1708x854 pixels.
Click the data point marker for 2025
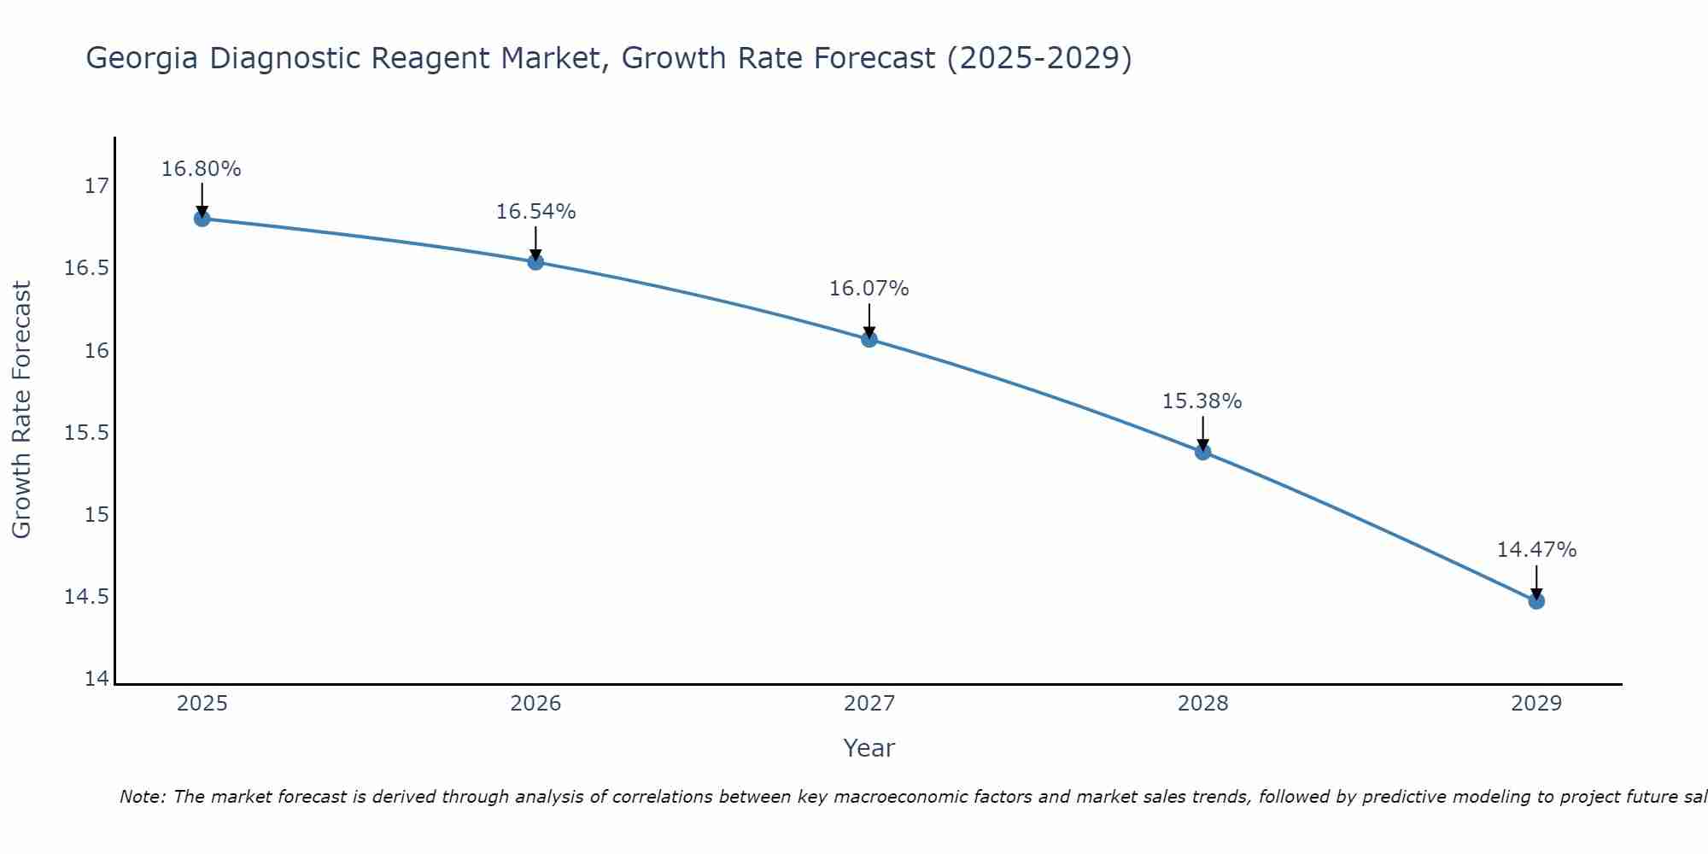coord(202,219)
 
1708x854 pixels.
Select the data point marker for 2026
coord(535,261)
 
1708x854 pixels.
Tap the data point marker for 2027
coord(869,339)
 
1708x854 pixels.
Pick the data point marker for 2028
coord(1202,452)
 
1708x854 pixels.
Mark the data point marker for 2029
coord(1536,601)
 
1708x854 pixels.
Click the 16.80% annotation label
coord(202,169)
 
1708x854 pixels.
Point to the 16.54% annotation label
coord(535,212)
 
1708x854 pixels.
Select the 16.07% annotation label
coord(869,289)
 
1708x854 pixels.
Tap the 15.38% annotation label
coord(1202,401)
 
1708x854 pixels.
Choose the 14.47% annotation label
coord(1536,550)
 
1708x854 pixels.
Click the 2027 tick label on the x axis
coord(869,704)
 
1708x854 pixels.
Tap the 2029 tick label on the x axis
coord(1536,704)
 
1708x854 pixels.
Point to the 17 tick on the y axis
coord(97,186)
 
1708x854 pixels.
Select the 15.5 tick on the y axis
coord(87,433)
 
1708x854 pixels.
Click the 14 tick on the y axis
coord(97,679)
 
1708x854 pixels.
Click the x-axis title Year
coord(869,748)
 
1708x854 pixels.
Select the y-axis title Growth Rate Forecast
coord(22,410)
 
